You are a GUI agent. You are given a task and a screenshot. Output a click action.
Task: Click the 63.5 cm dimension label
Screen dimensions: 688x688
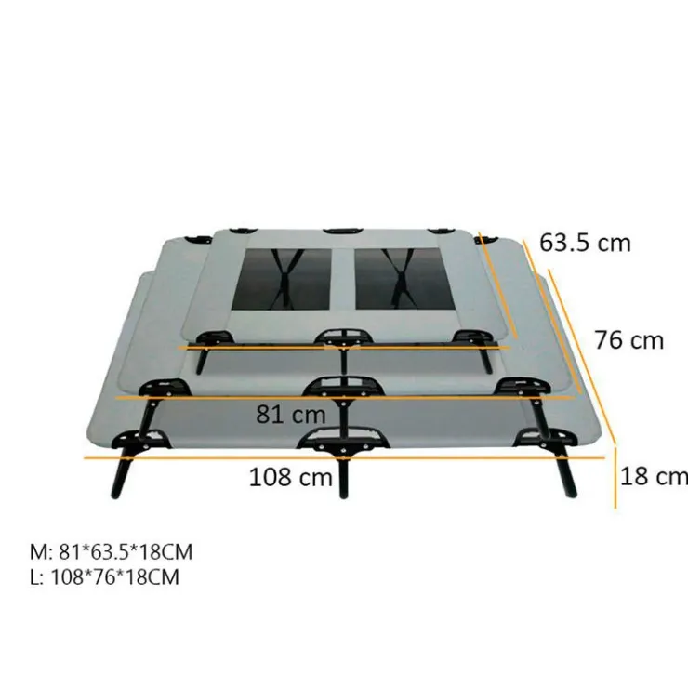click(x=585, y=243)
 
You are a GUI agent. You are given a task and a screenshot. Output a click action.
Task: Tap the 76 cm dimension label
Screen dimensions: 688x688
click(x=628, y=340)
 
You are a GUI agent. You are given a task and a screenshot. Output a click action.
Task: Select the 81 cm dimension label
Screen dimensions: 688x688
click(x=290, y=415)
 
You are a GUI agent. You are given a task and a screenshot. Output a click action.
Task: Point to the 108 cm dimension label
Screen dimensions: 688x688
click(x=290, y=477)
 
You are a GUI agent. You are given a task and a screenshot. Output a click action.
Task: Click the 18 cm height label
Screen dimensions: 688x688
click(x=654, y=476)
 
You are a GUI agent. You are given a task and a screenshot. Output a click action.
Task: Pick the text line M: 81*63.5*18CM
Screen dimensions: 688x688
click(x=111, y=552)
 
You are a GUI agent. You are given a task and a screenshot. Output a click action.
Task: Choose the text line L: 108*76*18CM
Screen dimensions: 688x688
click(x=104, y=577)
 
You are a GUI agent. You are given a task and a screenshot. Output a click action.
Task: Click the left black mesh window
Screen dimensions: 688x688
click(x=282, y=280)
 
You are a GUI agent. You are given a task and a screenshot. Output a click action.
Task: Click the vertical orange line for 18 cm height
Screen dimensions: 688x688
click(x=615, y=477)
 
